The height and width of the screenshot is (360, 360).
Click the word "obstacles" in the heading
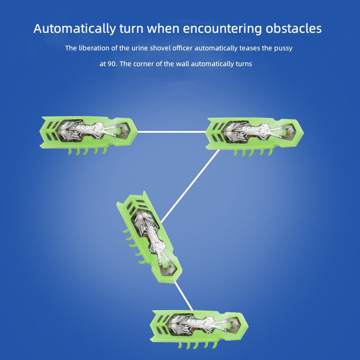click(x=293, y=29)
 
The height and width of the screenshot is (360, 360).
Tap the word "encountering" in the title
click(x=222, y=29)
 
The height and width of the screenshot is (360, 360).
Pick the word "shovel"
click(x=160, y=48)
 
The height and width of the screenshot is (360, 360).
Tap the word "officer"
click(x=182, y=48)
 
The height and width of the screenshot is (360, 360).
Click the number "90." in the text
click(x=112, y=64)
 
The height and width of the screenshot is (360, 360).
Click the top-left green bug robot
click(x=89, y=135)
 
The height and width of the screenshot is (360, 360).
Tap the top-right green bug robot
click(x=254, y=136)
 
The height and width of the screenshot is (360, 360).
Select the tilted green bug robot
click(x=149, y=237)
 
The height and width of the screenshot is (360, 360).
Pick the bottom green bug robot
click(x=199, y=329)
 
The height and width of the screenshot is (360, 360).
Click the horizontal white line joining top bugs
click(x=172, y=132)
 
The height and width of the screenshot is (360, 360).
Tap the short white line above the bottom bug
click(x=184, y=296)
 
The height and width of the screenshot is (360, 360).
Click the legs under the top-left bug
click(x=88, y=151)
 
